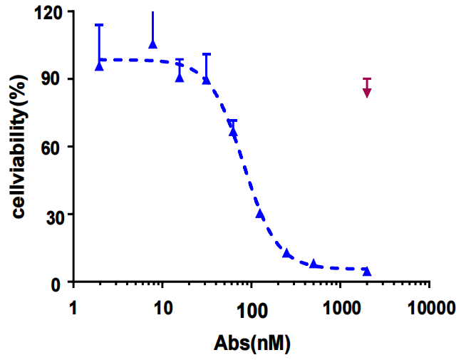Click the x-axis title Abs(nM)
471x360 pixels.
[252, 343]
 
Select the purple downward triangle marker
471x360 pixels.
[367, 92]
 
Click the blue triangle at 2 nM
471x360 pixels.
[100, 66]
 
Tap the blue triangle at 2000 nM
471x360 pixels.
[367, 271]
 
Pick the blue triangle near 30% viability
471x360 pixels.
[260, 214]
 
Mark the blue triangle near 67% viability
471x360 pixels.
[233, 132]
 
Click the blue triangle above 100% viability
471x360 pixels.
[152, 44]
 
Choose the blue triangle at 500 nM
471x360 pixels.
[314, 264]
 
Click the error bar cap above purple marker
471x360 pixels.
[367, 78]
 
